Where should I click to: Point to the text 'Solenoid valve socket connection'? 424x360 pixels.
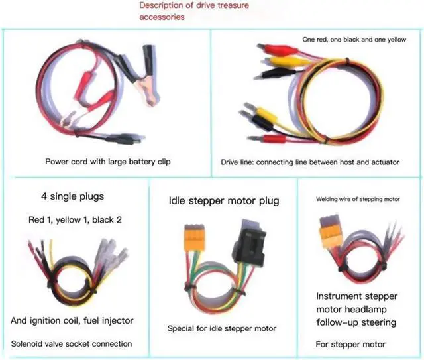point(72,343)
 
